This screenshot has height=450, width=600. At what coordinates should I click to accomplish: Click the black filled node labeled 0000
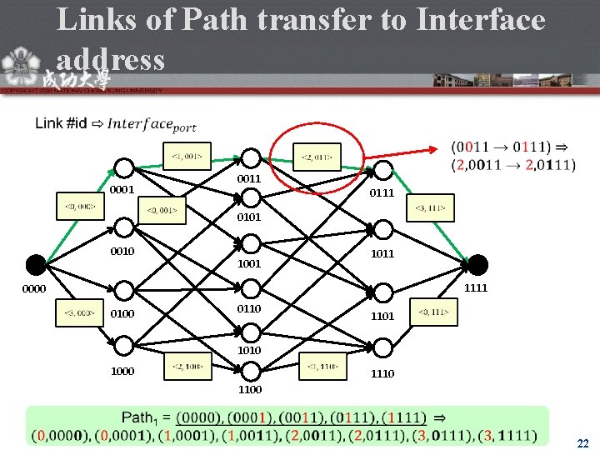point(36,265)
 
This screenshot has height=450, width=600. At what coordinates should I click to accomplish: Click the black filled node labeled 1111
point(477,265)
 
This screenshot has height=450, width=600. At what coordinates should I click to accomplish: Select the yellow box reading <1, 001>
point(186,154)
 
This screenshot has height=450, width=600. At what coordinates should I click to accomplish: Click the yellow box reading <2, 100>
point(189,366)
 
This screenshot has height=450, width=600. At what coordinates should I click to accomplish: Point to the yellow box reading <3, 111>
point(431,207)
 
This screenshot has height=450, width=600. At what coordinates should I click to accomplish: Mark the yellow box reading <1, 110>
point(322,366)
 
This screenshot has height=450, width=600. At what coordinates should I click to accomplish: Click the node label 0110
point(249,309)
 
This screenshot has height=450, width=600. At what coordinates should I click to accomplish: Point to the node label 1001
point(249,263)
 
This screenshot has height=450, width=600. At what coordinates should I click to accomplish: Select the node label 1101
point(383,317)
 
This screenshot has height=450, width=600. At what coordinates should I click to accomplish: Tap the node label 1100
point(249,389)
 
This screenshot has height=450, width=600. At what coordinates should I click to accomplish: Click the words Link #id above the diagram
point(61,123)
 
